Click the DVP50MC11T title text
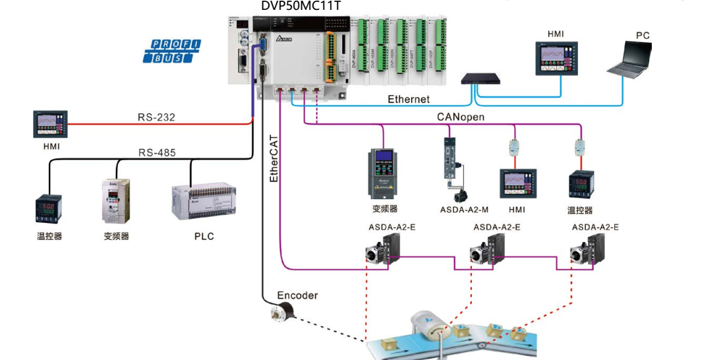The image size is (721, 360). (301, 7)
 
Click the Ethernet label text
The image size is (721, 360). (408, 100)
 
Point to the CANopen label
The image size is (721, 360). (461, 117)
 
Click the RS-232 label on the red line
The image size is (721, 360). (156, 117)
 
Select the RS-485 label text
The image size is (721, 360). (156, 153)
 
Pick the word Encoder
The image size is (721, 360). (297, 295)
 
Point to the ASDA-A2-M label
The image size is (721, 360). (464, 210)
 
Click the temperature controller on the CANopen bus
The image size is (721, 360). (580, 185)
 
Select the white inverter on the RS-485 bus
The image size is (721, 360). (116, 200)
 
